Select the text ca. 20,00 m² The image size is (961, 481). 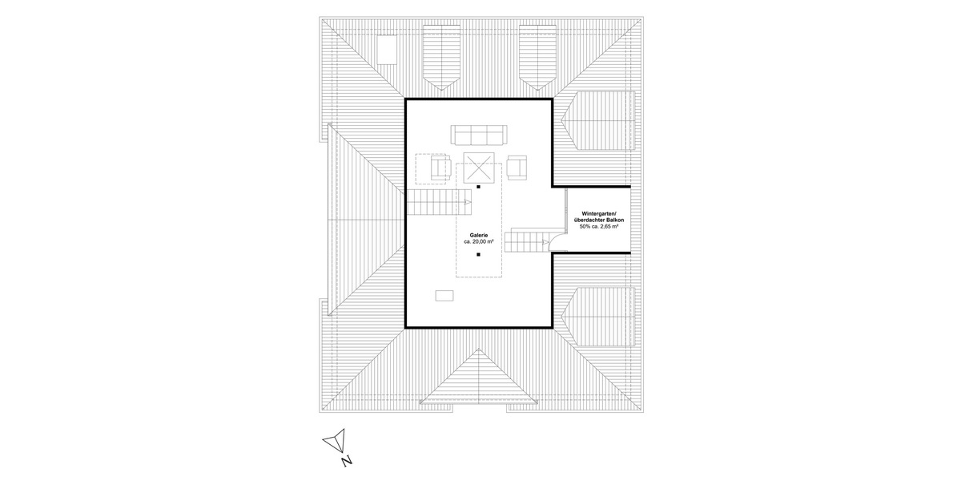point(478,240)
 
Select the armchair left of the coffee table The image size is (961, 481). point(441,168)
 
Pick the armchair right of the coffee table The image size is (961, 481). point(517,168)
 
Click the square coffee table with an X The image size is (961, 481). point(477,168)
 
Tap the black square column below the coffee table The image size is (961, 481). point(477,187)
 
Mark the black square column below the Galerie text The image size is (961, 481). point(477,254)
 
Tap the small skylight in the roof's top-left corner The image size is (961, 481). point(388,50)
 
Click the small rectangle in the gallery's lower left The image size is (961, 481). point(444,295)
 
